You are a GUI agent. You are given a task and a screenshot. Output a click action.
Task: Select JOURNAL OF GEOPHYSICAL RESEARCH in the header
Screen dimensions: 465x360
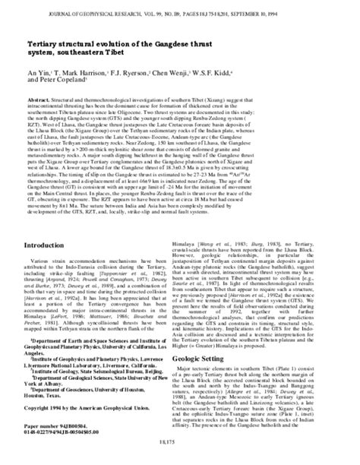coord(75,9)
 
